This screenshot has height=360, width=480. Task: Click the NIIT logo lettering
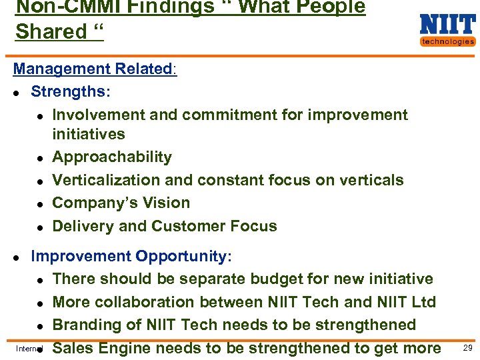[x=447, y=25]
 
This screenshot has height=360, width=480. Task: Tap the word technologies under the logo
[x=447, y=41]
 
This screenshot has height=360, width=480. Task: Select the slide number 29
[x=467, y=348]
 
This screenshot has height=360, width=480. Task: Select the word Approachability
[x=112, y=157]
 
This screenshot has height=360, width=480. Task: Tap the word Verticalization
[x=103, y=180]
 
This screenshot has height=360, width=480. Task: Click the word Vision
[x=168, y=203]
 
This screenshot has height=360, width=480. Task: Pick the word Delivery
[x=80, y=226]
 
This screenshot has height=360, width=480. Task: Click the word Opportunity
[x=181, y=257]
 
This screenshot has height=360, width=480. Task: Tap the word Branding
[x=83, y=325]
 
